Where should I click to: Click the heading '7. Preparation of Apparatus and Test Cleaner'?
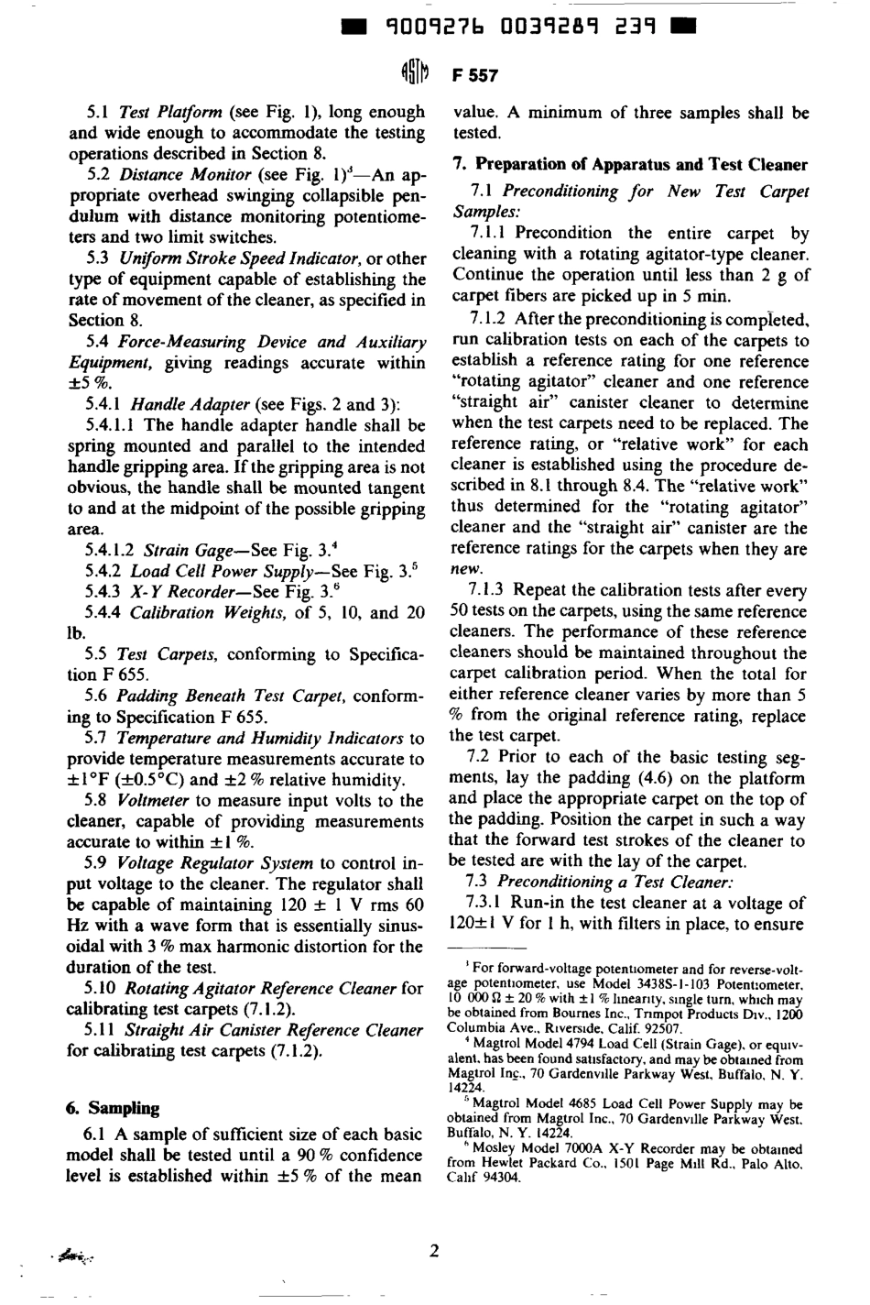coord(631,165)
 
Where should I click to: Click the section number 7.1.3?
coord(487,590)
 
